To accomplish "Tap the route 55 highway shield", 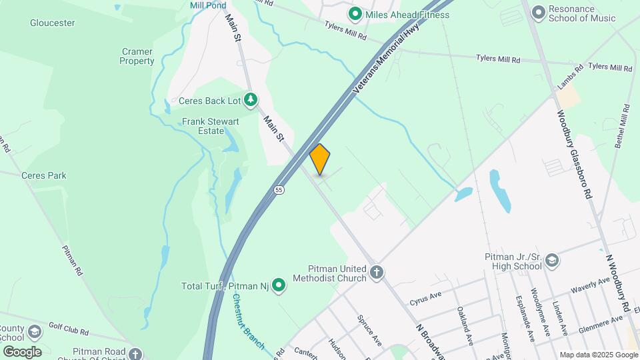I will click(279, 190).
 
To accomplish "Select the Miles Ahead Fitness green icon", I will click(355, 13).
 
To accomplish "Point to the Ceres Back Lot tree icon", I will click(251, 101).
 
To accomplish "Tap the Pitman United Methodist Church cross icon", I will click(377, 272).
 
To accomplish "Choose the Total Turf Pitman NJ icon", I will click(280, 286).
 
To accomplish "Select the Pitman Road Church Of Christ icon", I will click(136, 354).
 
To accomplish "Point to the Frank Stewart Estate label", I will click(204, 127).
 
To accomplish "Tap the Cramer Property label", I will click(137, 56).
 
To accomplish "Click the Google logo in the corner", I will click(22, 351).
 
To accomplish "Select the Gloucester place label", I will click(52, 23).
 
